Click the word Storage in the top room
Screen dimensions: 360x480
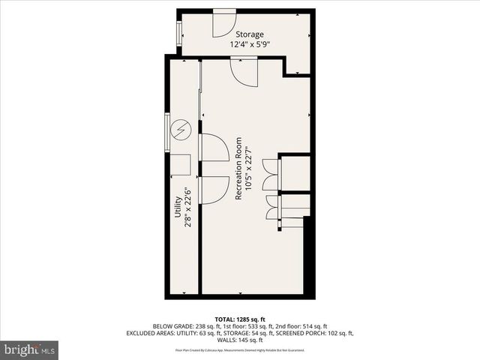[250, 34]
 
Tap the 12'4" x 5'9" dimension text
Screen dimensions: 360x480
[250, 45]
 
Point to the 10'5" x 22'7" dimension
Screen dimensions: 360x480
[248, 168]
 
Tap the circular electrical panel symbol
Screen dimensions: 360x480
[181, 130]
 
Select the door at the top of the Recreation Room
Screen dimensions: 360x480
[244, 71]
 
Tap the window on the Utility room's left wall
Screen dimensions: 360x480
[166, 133]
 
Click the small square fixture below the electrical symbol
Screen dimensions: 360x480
[181, 165]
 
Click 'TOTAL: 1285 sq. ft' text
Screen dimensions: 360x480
[240, 319]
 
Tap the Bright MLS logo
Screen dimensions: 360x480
[30, 349]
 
